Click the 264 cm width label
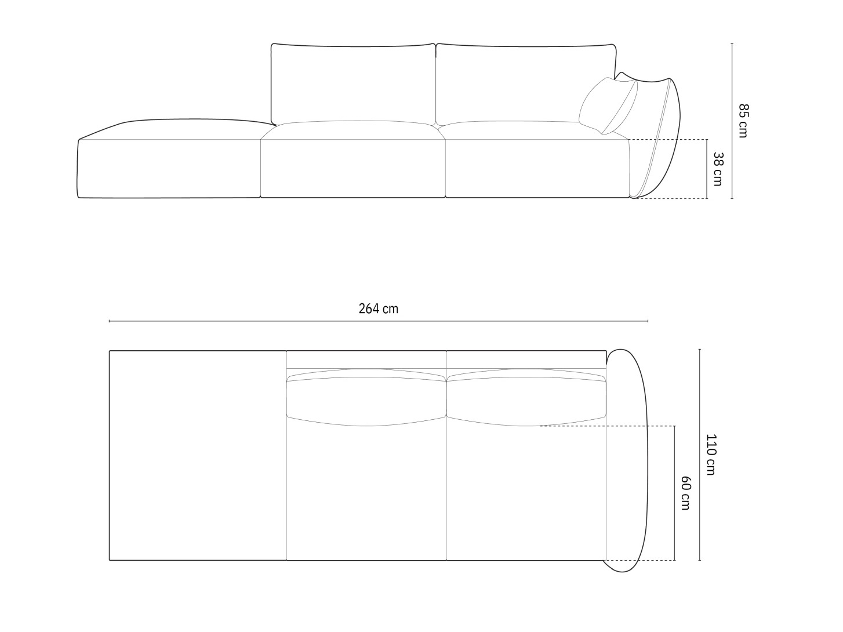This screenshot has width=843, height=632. click(x=378, y=308)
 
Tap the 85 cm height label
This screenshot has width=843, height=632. click(x=743, y=121)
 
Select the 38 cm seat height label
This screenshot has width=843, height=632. click(x=717, y=169)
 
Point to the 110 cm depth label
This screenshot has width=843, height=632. click(x=711, y=455)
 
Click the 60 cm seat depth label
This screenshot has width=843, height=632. click(x=685, y=493)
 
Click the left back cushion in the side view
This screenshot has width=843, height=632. click(x=354, y=82)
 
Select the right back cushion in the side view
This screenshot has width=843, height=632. click(x=525, y=82)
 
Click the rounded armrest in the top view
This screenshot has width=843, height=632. click(x=627, y=458)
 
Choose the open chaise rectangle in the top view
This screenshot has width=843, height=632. click(x=198, y=455)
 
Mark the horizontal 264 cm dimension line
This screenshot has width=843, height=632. click(x=378, y=321)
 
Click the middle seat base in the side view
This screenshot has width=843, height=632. click(x=353, y=168)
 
